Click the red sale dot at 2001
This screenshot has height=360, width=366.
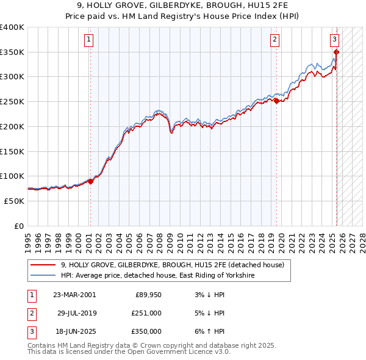click(x=90, y=181)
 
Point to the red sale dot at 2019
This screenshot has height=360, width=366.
click(x=276, y=101)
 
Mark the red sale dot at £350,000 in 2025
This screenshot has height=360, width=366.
click(x=336, y=52)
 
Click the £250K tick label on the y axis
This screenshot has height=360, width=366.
click(x=12, y=101)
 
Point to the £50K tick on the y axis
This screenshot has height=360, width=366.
click(x=14, y=201)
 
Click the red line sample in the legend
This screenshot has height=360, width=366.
click(x=43, y=265)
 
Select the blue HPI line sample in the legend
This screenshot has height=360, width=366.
click(x=43, y=276)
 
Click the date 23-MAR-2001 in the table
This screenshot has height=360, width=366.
click(x=74, y=295)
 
